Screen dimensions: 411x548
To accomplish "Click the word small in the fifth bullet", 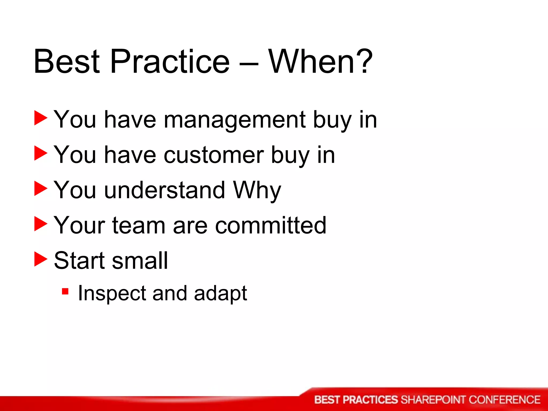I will pos(140,261).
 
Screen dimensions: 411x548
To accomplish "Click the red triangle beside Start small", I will pos(41,260).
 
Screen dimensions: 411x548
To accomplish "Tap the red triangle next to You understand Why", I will pos(41,189).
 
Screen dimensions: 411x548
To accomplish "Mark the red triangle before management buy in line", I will pos(41,118).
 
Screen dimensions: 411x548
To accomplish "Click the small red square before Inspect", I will pos(65,291).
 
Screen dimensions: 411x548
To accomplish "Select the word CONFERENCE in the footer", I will pos(504,400).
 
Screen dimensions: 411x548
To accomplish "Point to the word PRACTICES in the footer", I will pos(370,400).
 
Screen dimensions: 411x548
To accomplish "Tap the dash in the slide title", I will pos(249,64).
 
